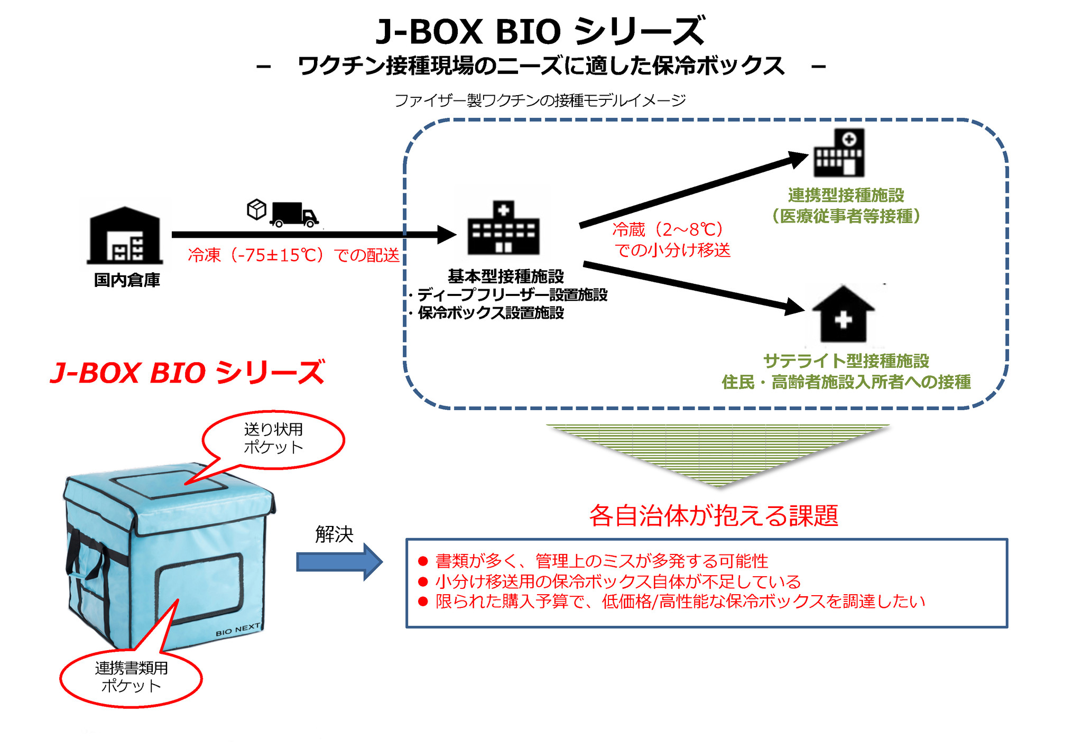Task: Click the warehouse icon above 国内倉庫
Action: tap(125, 235)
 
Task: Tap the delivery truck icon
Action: tap(294, 214)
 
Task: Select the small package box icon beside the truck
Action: tap(256, 209)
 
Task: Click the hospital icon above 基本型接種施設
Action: tap(503, 228)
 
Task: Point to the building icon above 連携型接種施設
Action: tap(839, 153)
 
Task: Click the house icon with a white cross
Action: tap(843, 315)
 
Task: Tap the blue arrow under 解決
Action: tap(339, 562)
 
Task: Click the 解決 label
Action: tap(334, 534)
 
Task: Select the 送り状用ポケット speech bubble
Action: tap(273, 439)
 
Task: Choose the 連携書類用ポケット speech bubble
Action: tap(131, 677)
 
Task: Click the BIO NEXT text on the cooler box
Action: tap(238, 630)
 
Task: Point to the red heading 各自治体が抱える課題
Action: tap(714, 515)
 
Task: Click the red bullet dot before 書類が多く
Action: tap(423, 561)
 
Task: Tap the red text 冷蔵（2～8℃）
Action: tap(668, 229)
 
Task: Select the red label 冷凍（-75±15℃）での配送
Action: tap(294, 255)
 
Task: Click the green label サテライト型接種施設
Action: tap(846, 361)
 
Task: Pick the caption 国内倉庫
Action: tap(127, 280)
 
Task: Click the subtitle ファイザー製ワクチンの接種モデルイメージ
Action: tap(540, 100)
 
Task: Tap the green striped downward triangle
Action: tap(718, 449)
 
